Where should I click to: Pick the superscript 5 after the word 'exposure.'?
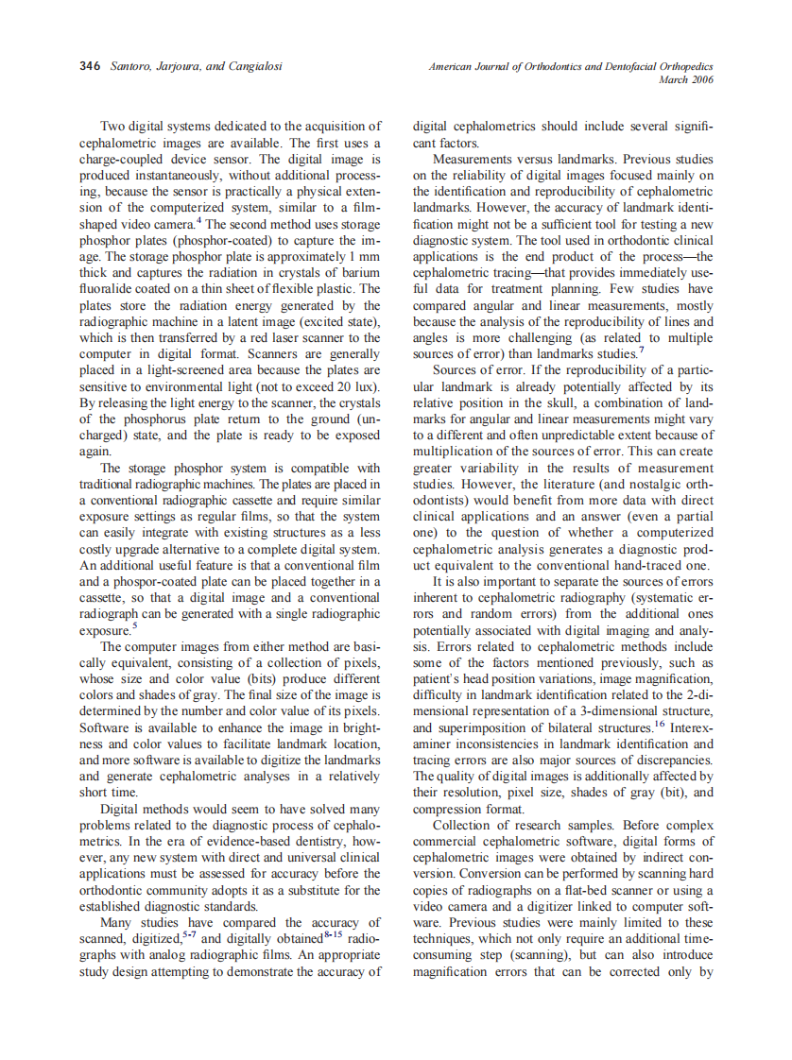point(134,624)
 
